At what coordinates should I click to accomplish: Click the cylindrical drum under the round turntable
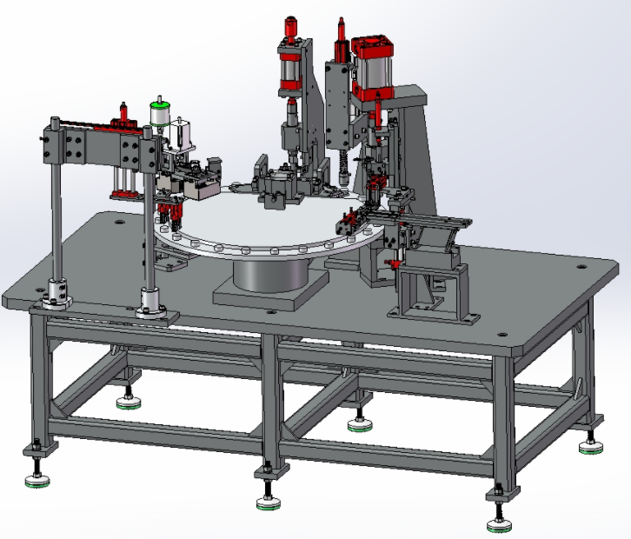(x=269, y=275)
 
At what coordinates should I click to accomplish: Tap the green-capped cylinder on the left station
(x=158, y=113)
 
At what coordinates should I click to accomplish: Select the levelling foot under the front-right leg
(x=498, y=522)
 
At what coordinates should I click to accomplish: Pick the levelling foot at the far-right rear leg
(x=592, y=446)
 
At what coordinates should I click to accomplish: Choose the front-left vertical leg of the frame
(x=36, y=383)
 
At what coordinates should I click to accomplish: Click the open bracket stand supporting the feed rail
(x=432, y=291)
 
